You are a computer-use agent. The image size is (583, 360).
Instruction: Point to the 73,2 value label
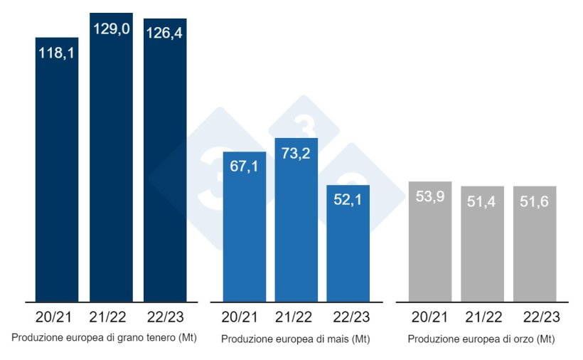[x=296, y=154]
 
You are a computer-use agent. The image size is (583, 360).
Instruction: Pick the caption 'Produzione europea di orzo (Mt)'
[x=481, y=339]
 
